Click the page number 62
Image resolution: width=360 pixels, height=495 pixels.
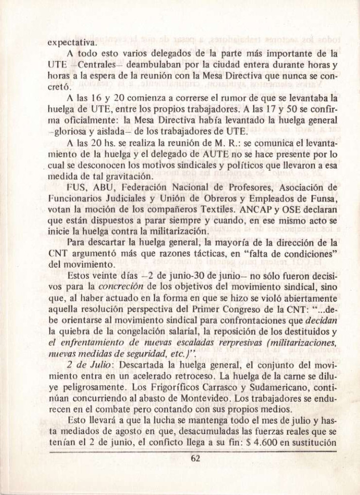[196, 459]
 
